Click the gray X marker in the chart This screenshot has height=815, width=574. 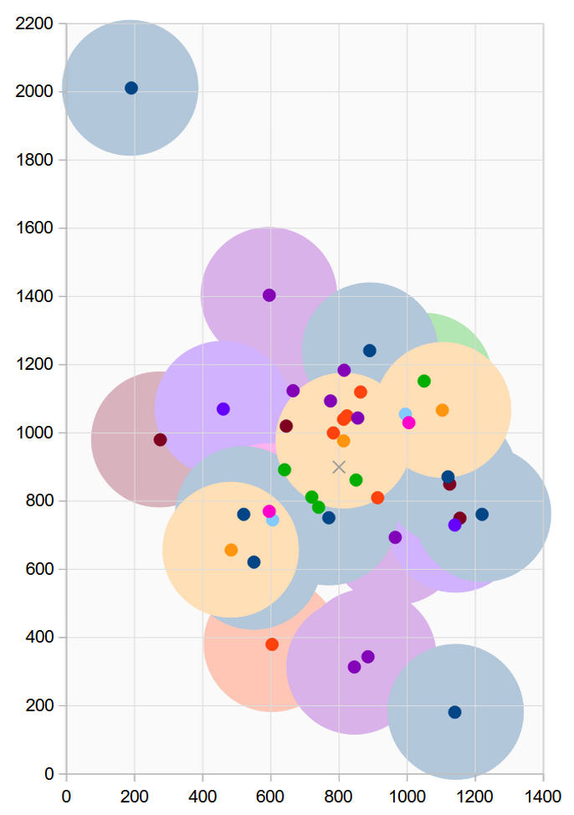[x=339, y=467]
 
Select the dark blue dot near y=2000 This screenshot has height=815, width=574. [x=131, y=88]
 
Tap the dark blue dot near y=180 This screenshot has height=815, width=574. [x=454, y=712]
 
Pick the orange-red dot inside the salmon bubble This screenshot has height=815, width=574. [x=272, y=644]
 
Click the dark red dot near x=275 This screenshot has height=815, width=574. [x=160, y=440]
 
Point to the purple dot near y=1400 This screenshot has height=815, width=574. [x=269, y=295]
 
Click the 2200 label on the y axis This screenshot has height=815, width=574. [x=33, y=23]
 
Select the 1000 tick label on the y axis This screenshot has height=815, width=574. [x=33, y=433]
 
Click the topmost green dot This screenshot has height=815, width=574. [x=424, y=382]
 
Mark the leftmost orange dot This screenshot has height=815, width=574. [x=231, y=550]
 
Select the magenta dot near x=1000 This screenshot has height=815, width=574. [x=409, y=423]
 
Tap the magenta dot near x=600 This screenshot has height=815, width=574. [x=269, y=511]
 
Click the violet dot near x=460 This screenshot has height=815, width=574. [x=223, y=409]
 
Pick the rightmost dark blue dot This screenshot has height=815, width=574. [x=482, y=515]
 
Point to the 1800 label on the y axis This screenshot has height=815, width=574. [x=33, y=160]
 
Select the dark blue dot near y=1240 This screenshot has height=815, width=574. [x=370, y=351]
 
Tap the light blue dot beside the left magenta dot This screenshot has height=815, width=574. [x=273, y=520]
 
